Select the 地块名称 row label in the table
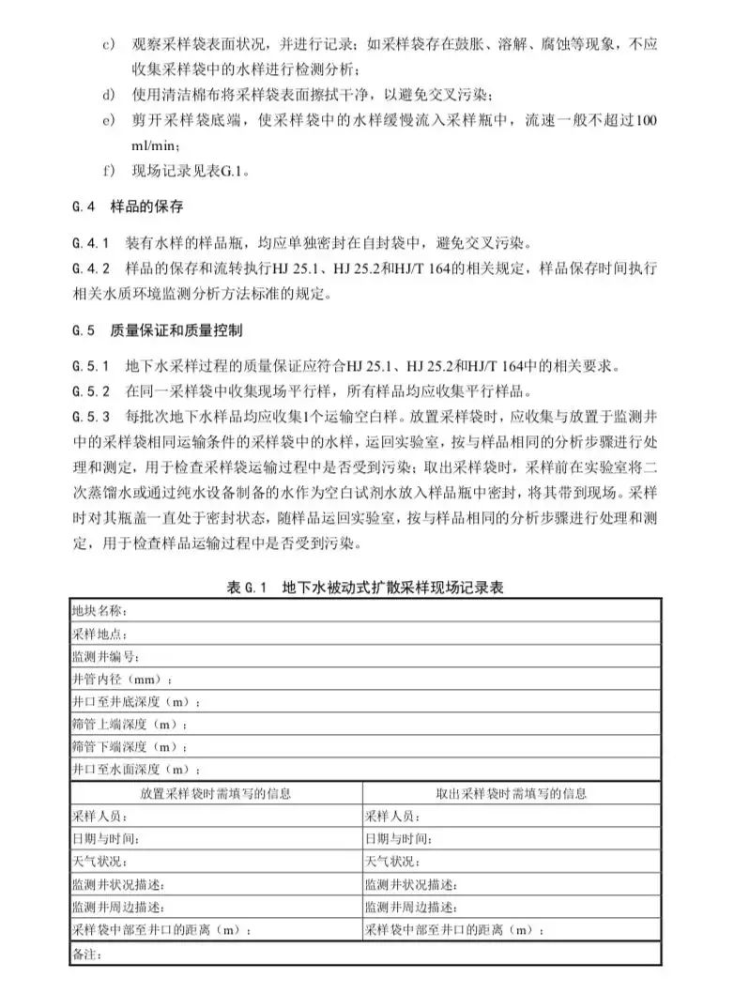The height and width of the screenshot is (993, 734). pyautogui.click(x=98, y=610)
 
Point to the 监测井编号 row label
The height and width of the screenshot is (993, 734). pyautogui.click(x=104, y=657)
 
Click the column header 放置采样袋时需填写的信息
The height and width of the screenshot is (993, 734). pyautogui.click(x=215, y=793)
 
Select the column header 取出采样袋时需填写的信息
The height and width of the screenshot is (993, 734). pyautogui.click(x=512, y=793)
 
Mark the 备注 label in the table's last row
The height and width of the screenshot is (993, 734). pyautogui.click(x=85, y=955)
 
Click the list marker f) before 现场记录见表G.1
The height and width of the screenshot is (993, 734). pyautogui.click(x=110, y=172)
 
